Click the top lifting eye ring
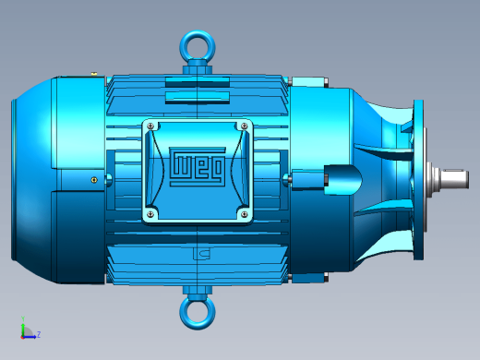pyautogui.click(x=198, y=34)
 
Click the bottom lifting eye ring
pyautogui.click(x=198, y=326)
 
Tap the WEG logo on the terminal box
pyautogui.click(x=198, y=166)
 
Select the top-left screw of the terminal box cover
pyautogui.click(x=150, y=126)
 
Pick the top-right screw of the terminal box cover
pyautogui.click(x=245, y=126)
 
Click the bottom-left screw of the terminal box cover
pyautogui.click(x=150, y=214)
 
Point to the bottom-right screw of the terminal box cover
pyautogui.click(x=245, y=214)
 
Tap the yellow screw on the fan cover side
pyautogui.click(x=94, y=180)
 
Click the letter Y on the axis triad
pyautogui.click(x=23, y=318)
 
